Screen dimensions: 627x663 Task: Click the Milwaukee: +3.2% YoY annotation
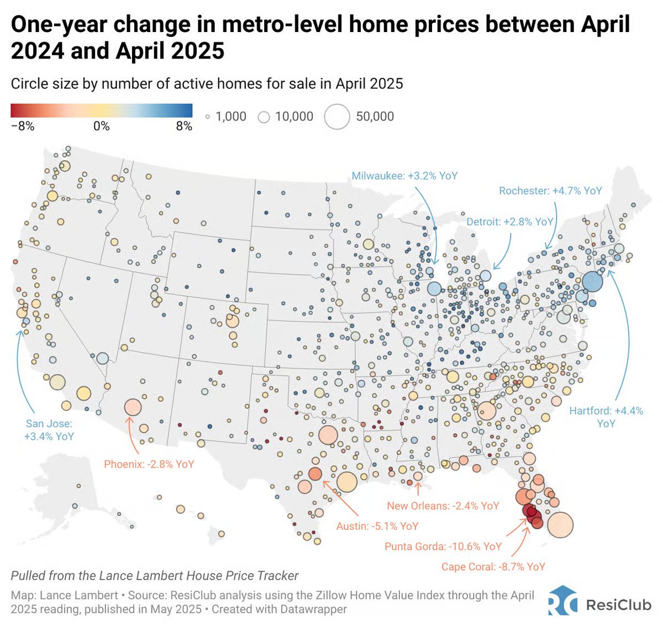click(x=404, y=176)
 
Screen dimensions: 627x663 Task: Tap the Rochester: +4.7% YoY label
click(x=550, y=190)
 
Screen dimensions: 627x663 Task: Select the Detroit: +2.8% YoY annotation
click(x=509, y=221)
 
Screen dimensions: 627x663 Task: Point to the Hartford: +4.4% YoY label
click(x=606, y=417)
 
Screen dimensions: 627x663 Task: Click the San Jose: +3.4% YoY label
click(x=49, y=430)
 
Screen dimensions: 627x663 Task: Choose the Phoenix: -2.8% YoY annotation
click(x=149, y=464)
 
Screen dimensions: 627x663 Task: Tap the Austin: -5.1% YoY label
click(x=377, y=526)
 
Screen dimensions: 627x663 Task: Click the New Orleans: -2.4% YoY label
click(x=443, y=506)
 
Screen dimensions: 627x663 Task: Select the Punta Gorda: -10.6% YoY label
click(x=443, y=546)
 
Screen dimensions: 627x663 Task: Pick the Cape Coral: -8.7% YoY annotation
click(x=493, y=567)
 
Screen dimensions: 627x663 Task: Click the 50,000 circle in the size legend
click(x=337, y=116)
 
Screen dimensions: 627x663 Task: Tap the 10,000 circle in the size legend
click(x=264, y=117)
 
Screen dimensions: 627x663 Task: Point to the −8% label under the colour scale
click(x=23, y=126)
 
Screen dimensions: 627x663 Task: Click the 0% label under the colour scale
click(x=101, y=126)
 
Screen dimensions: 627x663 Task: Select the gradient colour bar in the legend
click(x=101, y=110)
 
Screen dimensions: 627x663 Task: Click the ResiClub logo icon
click(x=562, y=600)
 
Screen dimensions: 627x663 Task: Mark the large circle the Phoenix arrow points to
click(x=133, y=407)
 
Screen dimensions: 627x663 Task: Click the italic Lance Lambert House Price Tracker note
click(x=155, y=576)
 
